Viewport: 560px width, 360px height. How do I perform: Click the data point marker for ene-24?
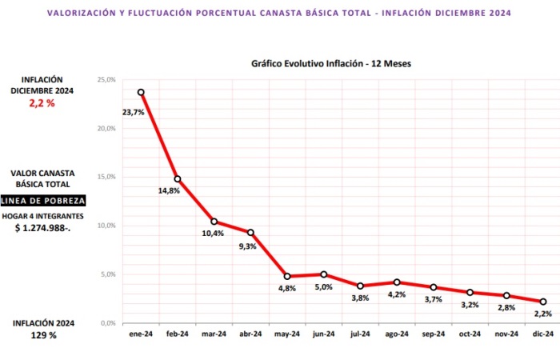coord(141,92)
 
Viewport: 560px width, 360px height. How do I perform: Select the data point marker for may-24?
coord(287,276)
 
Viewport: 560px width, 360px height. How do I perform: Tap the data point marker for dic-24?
coord(543,302)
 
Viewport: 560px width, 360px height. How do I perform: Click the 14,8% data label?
coord(168,190)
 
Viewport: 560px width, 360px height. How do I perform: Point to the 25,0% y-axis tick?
coord(106,79)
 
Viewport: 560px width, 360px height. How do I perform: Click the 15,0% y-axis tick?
coord(106,177)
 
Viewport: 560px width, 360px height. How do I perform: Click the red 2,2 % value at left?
coord(43,104)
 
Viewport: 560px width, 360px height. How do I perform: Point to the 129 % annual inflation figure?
coord(43,335)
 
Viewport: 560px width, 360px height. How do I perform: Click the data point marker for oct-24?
coord(470,292)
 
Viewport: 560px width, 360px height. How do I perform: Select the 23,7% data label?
coord(133,112)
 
